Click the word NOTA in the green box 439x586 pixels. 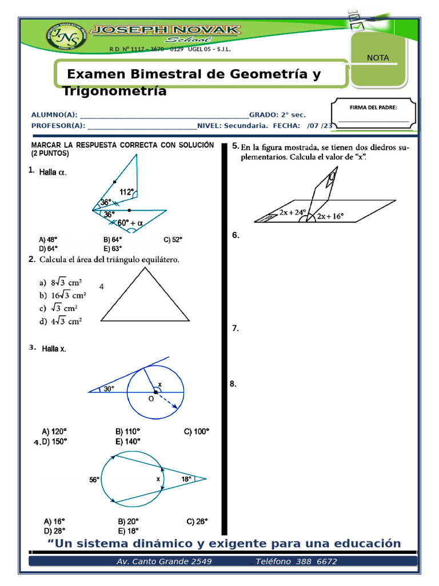tap(378, 58)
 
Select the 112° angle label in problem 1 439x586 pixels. tap(127, 192)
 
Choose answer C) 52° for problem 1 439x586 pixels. tap(173, 240)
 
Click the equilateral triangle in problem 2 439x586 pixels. tap(145, 296)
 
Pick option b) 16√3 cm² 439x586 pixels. tap(63, 296)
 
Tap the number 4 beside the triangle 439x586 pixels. tap(101, 286)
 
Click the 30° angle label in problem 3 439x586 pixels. tap(109, 389)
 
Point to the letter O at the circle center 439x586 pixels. tap(151, 399)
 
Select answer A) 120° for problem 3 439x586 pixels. tap(54, 431)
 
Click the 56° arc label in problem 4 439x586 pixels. tap(94, 480)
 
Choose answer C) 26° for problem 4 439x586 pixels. tap(197, 521)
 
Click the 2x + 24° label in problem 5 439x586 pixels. tap(293, 212)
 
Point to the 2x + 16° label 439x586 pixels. tap(330, 216)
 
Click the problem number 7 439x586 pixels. tap(235, 328)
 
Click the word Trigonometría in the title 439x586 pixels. tap(114, 91)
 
